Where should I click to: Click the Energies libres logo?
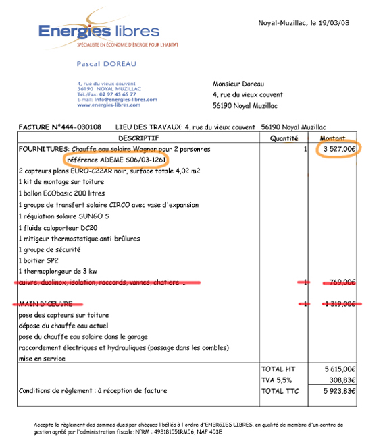(99, 32)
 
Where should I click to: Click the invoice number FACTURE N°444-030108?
(60, 127)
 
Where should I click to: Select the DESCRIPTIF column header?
(138, 138)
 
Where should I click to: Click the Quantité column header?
(284, 138)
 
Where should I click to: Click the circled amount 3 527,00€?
(338, 148)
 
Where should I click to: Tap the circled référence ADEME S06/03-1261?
(116, 160)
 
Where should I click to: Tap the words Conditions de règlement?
(52, 391)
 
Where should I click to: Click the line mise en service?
(42, 359)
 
